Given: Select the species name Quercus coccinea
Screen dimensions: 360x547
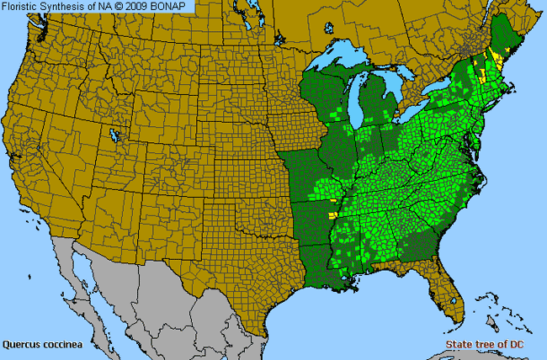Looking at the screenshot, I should click(x=40, y=344).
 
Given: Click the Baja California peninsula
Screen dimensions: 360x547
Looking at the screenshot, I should click(x=84, y=278).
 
